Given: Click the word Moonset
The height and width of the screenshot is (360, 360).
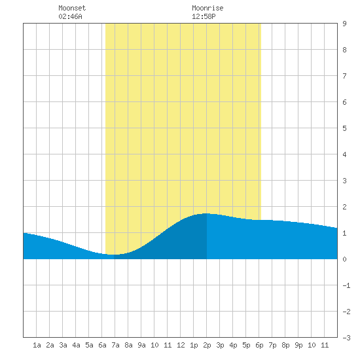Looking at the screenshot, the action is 72,8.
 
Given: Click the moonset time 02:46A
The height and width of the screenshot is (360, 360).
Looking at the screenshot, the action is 70,16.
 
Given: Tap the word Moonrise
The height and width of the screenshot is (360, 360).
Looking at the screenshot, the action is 207,8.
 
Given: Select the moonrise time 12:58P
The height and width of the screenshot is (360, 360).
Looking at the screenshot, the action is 204,16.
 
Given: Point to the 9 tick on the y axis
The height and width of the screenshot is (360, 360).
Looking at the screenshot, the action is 344,24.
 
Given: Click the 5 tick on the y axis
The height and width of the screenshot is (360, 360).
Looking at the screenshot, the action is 344,128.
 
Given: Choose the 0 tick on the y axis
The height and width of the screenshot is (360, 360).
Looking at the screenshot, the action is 344,259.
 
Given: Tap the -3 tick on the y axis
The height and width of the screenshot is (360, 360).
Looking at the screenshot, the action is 346,338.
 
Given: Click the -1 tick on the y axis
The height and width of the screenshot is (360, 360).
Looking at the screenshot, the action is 346,285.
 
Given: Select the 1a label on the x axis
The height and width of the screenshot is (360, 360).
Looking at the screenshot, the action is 37,345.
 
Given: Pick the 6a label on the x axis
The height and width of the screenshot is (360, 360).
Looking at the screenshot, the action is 102,345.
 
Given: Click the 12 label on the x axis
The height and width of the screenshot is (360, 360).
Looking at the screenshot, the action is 181,345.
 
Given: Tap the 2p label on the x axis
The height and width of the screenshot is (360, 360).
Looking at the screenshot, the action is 207,345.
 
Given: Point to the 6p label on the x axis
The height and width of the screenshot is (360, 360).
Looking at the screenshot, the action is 259,345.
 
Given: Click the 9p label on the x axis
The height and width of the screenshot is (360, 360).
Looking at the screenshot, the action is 298,345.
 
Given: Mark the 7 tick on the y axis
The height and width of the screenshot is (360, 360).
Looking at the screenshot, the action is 344,76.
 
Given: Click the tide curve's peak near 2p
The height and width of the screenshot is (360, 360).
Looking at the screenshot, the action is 206,213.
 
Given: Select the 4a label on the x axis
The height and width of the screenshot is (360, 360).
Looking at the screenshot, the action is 76,345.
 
